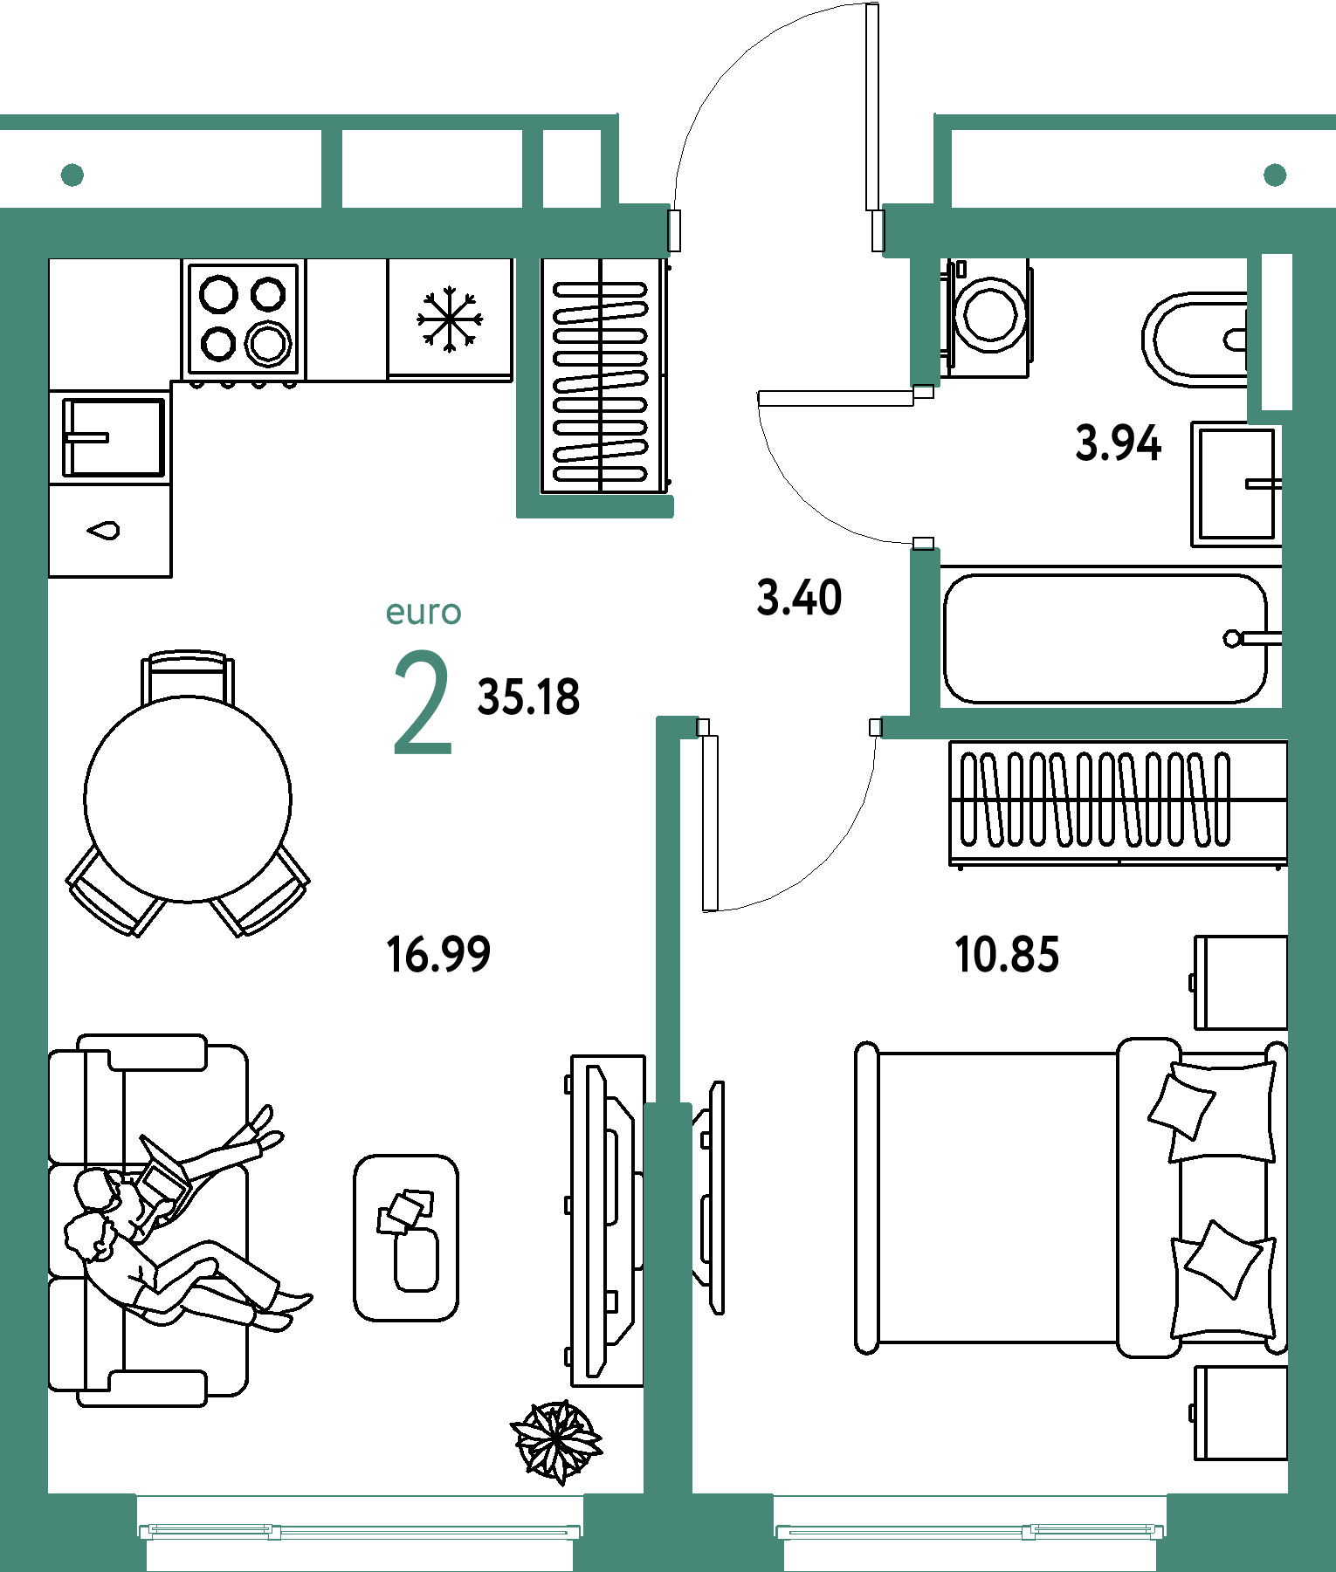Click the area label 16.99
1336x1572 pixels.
click(438, 953)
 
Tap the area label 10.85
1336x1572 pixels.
click(1007, 953)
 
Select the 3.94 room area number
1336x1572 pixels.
click(1118, 443)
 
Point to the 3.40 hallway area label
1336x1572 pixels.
click(799, 598)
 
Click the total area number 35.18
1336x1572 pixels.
click(528, 697)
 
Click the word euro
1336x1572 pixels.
click(424, 612)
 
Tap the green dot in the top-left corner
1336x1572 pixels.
click(72, 175)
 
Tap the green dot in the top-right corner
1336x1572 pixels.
click(1275, 175)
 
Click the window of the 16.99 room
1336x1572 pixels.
click(360, 1531)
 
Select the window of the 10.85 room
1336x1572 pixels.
click(970, 1531)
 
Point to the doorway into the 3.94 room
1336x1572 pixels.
click(925, 467)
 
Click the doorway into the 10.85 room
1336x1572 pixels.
click(789, 727)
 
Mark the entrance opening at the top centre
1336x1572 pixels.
click(775, 231)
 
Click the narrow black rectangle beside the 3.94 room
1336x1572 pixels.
click(1277, 332)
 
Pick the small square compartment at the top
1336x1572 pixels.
click(572, 168)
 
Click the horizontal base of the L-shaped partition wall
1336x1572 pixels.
click(603, 506)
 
